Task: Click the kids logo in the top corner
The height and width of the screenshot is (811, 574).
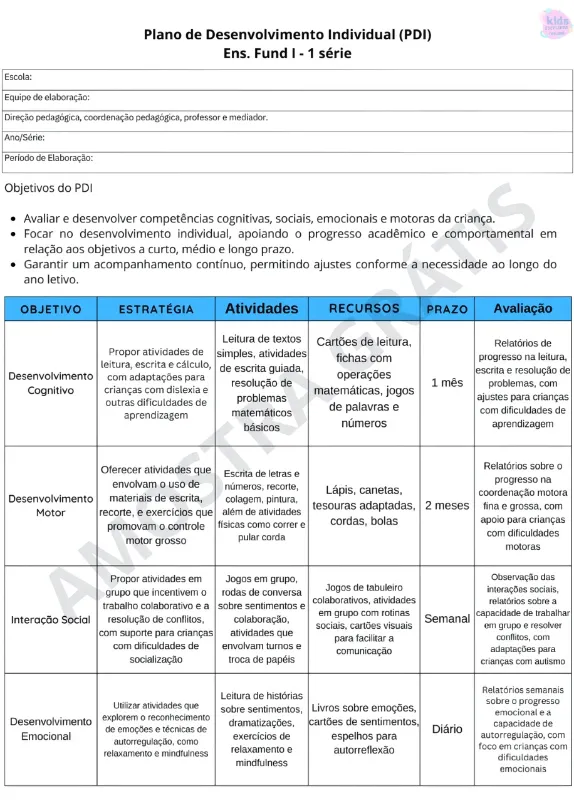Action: (552, 23)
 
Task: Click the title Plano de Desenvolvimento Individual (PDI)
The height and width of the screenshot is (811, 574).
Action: (287, 34)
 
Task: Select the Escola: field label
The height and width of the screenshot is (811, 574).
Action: (19, 77)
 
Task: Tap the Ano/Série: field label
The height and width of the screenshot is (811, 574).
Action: (25, 137)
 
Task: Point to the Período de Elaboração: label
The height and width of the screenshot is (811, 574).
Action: (48, 157)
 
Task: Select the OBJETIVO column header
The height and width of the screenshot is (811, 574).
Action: (50, 309)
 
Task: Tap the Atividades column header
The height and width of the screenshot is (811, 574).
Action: (262, 309)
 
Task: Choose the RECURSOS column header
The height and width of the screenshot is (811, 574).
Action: (364, 309)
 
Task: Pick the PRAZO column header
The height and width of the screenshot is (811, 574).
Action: (446, 309)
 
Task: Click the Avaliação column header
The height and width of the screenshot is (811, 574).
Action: (523, 309)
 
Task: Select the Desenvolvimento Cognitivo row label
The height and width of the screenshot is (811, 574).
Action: (50, 383)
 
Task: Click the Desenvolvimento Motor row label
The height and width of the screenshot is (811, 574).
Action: (50, 505)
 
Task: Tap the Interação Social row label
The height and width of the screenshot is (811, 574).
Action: (50, 619)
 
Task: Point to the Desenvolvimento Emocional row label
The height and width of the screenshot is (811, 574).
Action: (50, 728)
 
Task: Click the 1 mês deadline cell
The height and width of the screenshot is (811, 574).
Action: (446, 383)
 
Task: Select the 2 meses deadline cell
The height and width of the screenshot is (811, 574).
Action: (446, 505)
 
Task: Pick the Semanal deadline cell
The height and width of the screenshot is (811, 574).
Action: (446, 619)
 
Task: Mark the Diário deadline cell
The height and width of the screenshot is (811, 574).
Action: (446, 729)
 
